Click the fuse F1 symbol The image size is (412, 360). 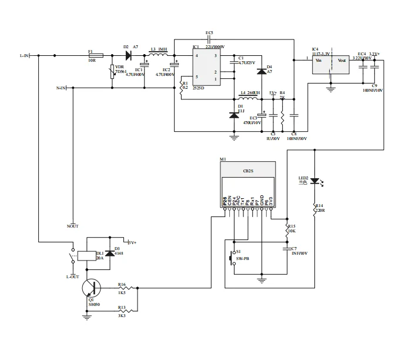[x=95, y=56]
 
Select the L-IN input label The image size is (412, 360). [x=24, y=56]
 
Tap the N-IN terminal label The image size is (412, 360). [x=61, y=88]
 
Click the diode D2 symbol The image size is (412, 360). [x=127, y=56]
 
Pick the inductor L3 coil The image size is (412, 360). [x=159, y=55]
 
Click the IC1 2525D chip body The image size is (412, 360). [x=206, y=67]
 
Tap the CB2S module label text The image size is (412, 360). [x=247, y=171]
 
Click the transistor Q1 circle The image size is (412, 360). [x=91, y=288]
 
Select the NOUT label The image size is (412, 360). [x=73, y=226]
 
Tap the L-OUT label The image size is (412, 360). [x=72, y=276]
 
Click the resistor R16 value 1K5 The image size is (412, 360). [x=122, y=292]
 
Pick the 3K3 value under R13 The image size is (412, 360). [x=122, y=316]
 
